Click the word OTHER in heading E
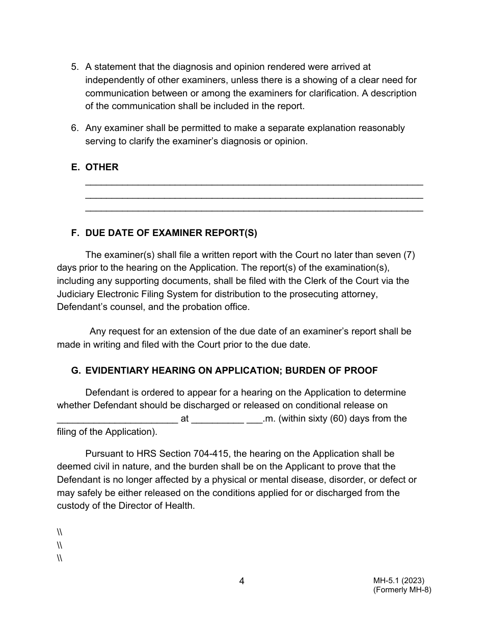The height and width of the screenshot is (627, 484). [102, 167]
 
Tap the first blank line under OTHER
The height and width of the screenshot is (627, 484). [254, 184]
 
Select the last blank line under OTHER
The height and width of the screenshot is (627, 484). [254, 211]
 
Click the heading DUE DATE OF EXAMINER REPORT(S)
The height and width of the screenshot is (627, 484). [171, 233]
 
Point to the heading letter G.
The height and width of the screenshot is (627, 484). [75, 371]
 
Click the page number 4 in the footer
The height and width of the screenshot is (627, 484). [241, 581]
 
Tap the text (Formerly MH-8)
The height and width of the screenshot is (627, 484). [402, 590]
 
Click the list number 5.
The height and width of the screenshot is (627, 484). [74, 67]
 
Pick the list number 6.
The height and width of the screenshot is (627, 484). [74, 128]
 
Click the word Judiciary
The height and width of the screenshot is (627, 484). [76, 294]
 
